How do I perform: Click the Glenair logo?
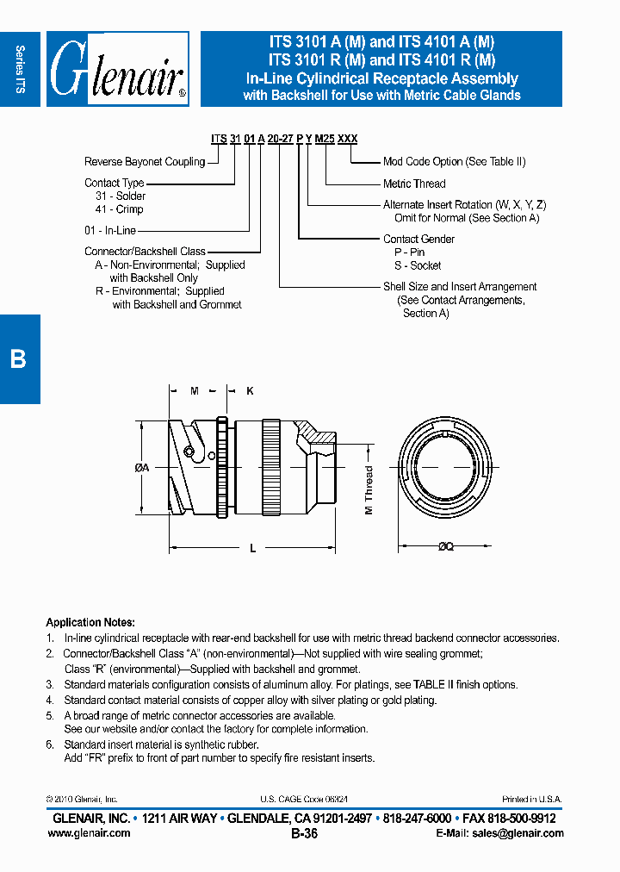(117, 69)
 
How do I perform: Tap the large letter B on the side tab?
(18, 358)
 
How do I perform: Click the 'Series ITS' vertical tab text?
(21, 69)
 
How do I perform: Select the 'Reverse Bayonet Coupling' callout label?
(145, 162)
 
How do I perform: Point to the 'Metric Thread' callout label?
(414, 184)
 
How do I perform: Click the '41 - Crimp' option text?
(119, 209)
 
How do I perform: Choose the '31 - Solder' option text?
(121, 196)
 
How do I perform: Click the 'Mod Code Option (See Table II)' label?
(454, 162)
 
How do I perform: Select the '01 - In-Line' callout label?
(110, 231)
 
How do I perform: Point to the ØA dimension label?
(143, 467)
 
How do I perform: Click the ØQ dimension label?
(445, 546)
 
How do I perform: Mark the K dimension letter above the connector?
(250, 391)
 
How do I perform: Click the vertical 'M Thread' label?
(369, 490)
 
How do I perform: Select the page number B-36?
(305, 833)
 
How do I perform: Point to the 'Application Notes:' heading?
(90, 622)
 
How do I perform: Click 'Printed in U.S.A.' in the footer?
(531, 800)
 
